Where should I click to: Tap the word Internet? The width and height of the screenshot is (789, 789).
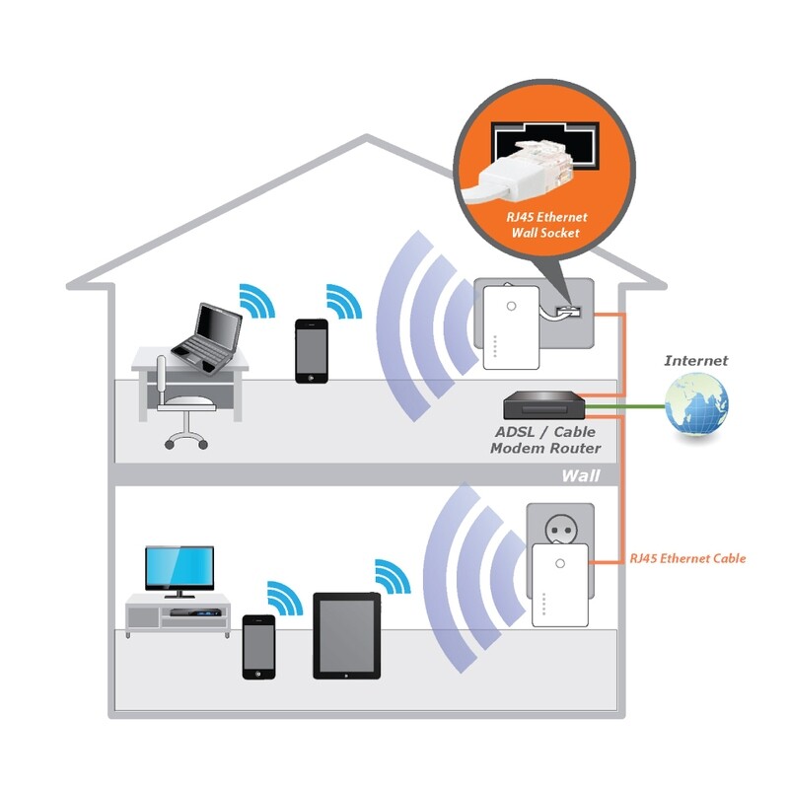click(695, 361)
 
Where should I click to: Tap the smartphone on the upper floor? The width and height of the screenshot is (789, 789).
click(311, 349)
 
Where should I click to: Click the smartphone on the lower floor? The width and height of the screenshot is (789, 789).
click(258, 647)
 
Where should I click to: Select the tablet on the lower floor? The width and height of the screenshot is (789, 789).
click(346, 635)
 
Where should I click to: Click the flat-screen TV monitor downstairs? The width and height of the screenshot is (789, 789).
click(179, 569)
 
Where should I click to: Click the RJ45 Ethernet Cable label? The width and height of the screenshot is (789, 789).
click(687, 559)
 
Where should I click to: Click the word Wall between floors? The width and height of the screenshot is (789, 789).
click(581, 475)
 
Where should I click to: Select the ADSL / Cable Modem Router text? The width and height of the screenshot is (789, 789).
click(545, 441)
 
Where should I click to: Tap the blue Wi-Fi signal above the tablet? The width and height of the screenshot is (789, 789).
click(393, 577)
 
